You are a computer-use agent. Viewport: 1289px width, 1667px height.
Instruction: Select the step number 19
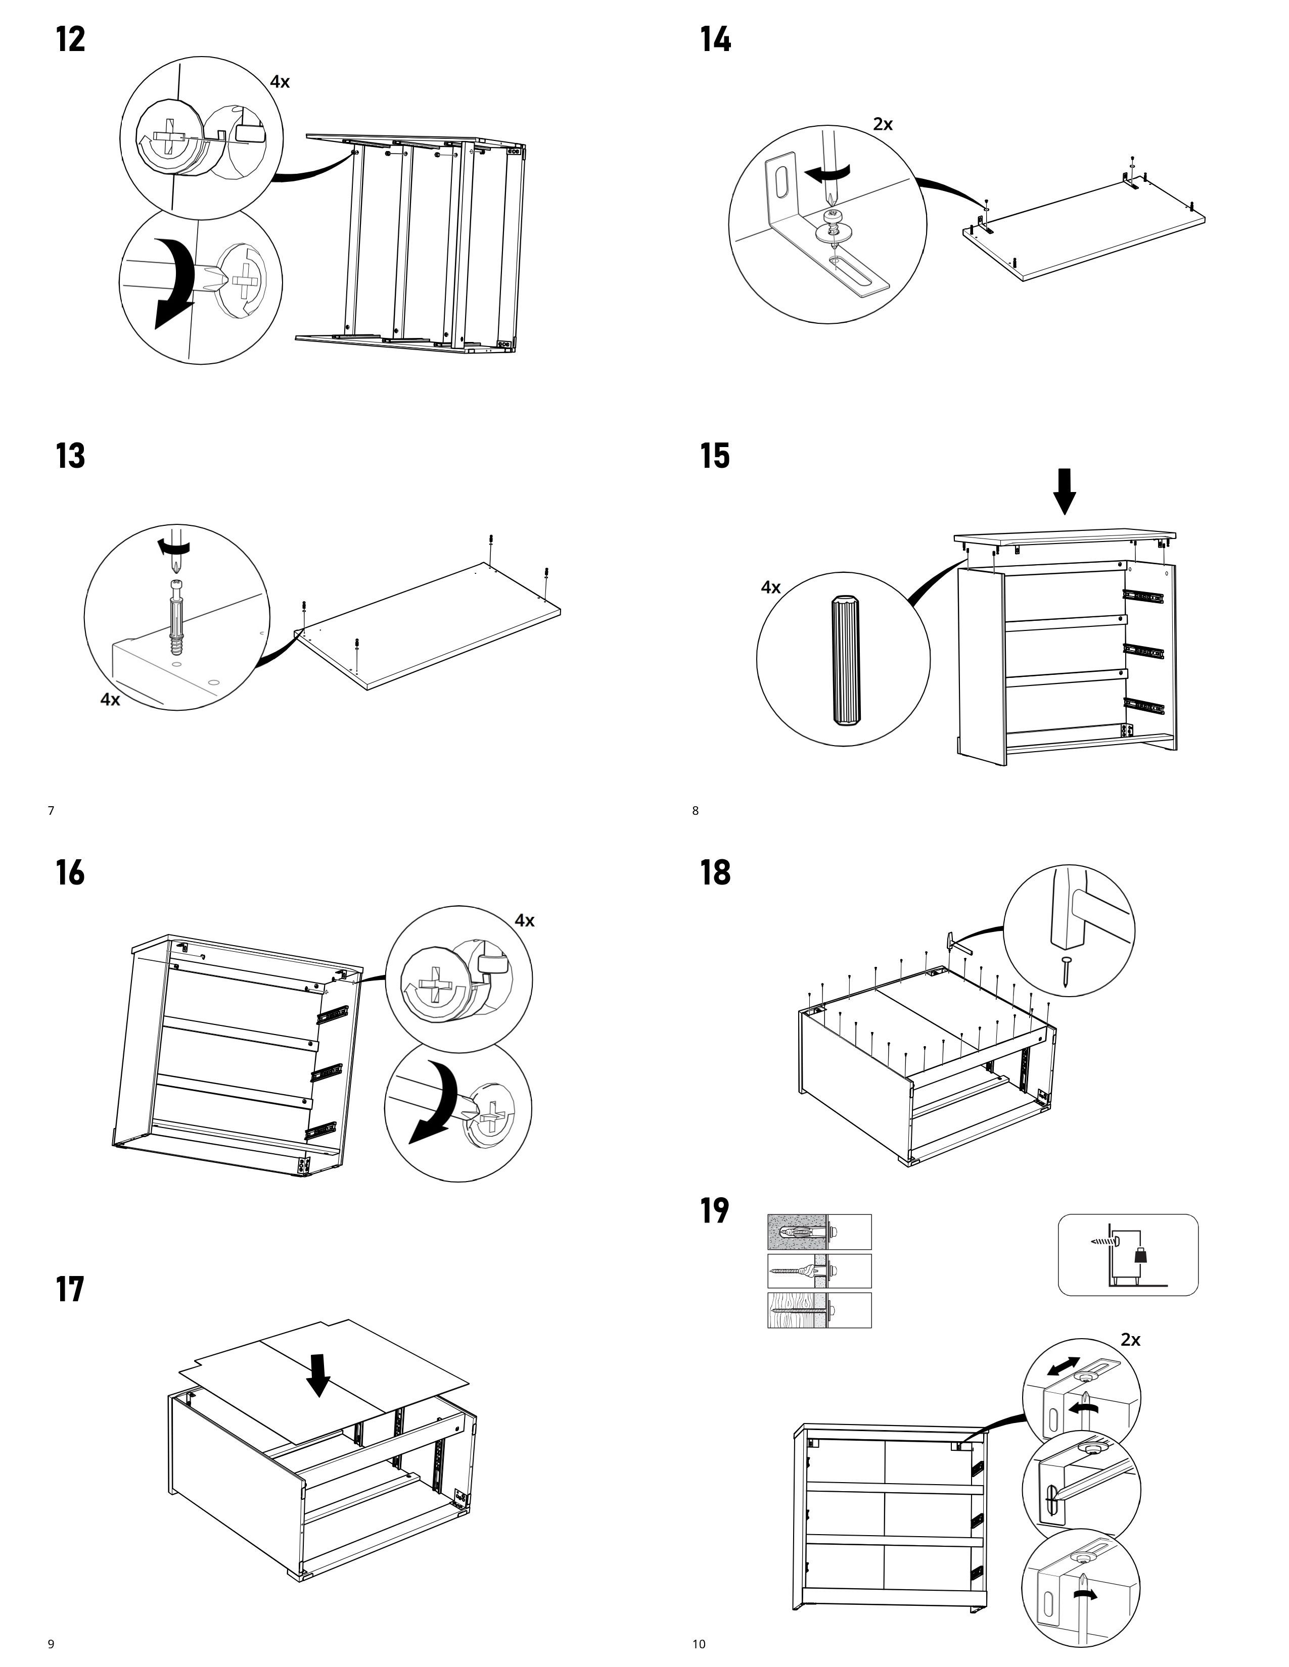pos(715,1210)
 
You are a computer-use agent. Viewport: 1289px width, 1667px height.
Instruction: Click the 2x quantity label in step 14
pos(883,124)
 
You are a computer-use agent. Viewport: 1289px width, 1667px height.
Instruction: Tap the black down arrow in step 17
pos(319,1375)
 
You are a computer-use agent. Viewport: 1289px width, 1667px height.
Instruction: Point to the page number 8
pos(695,811)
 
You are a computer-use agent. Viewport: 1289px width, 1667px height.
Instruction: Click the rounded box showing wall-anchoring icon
pos(1127,1255)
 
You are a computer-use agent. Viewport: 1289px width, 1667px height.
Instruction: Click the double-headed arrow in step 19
pos(1064,1366)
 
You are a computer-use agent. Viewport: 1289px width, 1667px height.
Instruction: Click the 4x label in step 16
pos(525,920)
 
